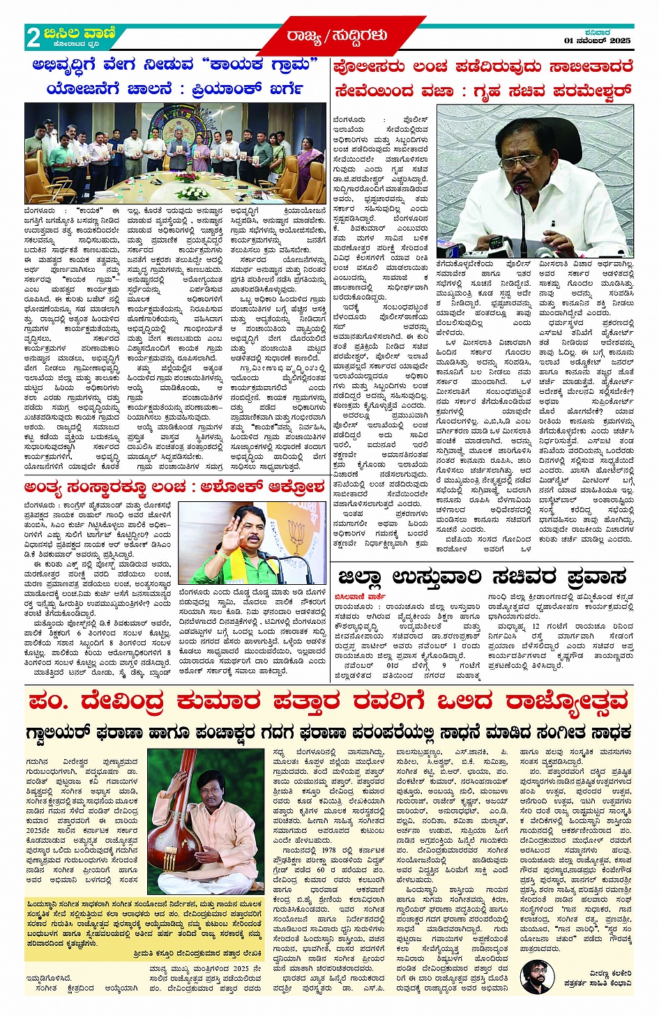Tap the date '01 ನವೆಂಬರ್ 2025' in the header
coord(597,41)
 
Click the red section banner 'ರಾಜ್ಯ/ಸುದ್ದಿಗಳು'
coord(336,35)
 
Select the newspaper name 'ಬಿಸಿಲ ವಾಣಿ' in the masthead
coord(79,33)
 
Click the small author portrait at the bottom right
coord(535,976)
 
